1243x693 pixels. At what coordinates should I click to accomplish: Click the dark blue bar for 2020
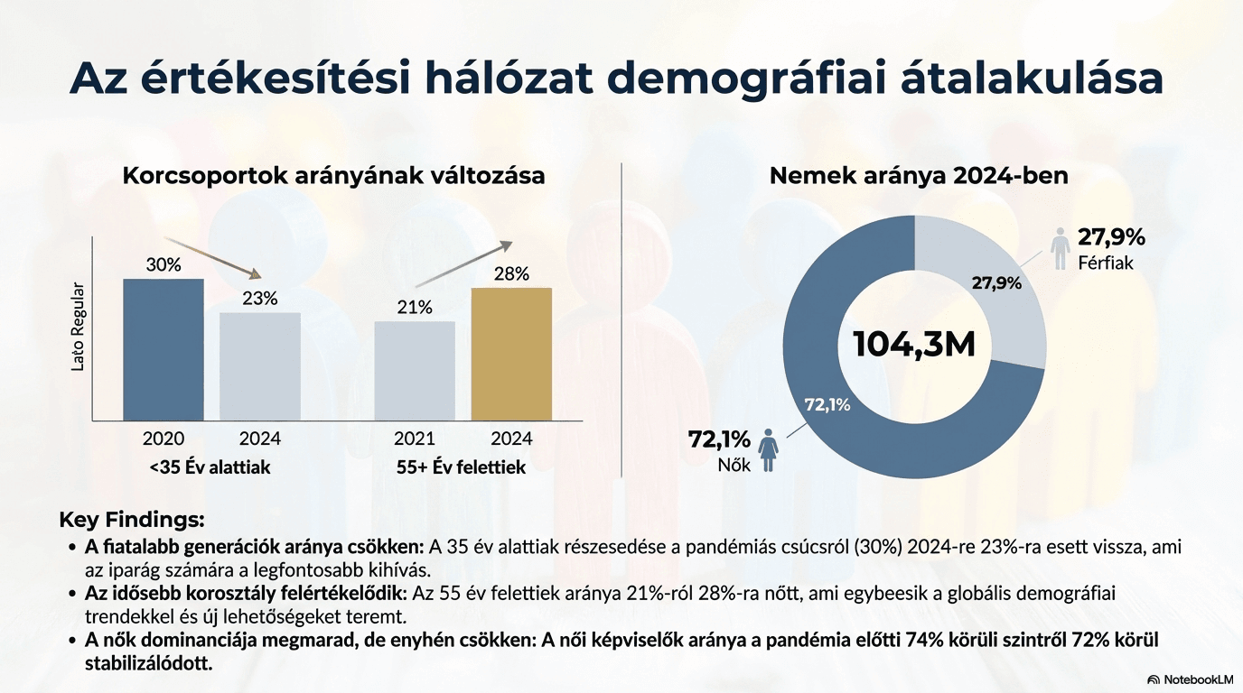click(164, 349)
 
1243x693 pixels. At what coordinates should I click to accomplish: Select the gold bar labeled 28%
click(511, 354)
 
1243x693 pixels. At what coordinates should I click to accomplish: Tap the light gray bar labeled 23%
click(260, 365)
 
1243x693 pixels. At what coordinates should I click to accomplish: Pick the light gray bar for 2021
click(415, 370)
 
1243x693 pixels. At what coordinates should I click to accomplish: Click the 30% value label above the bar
click(164, 265)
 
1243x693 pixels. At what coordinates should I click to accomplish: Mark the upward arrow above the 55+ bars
click(463, 263)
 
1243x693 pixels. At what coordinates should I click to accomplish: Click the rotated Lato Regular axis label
click(78, 328)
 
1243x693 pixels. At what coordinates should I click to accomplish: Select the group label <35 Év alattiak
click(210, 467)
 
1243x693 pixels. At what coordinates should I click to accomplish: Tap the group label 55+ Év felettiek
click(461, 467)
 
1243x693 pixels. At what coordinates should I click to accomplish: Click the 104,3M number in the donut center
click(914, 345)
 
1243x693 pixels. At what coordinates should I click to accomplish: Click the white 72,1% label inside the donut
click(827, 404)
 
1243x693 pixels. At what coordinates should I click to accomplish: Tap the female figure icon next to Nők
click(770, 448)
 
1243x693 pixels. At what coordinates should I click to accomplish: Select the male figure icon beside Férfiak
click(1061, 248)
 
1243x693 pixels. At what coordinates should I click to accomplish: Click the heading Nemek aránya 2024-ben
click(919, 176)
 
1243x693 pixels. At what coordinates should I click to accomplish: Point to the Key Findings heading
click(132, 520)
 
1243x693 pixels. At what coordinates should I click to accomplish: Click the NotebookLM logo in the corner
click(1190, 679)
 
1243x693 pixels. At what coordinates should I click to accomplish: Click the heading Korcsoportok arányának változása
click(333, 176)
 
